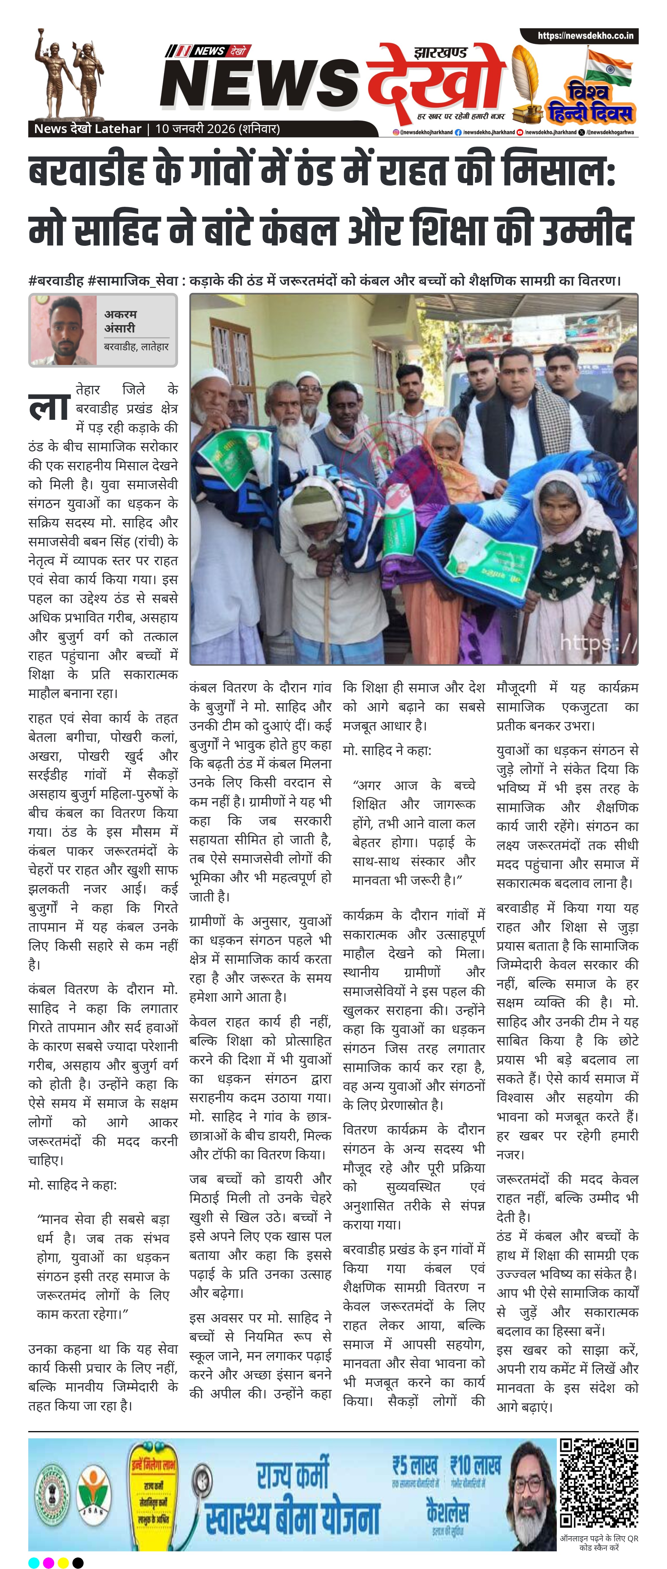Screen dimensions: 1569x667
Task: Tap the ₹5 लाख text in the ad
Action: [414, 1465]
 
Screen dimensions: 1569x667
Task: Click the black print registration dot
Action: [78, 1562]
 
